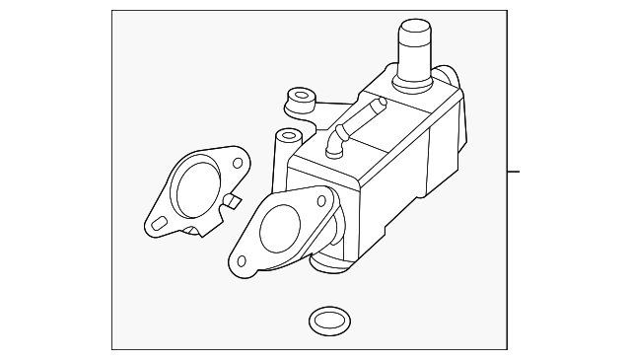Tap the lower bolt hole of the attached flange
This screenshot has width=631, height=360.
239,261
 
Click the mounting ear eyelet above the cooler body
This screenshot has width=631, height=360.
295,99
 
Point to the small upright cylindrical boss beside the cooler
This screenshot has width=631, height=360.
288,137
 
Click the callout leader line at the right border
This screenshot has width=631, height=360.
513,172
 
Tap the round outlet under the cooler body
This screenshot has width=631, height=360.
331,262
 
